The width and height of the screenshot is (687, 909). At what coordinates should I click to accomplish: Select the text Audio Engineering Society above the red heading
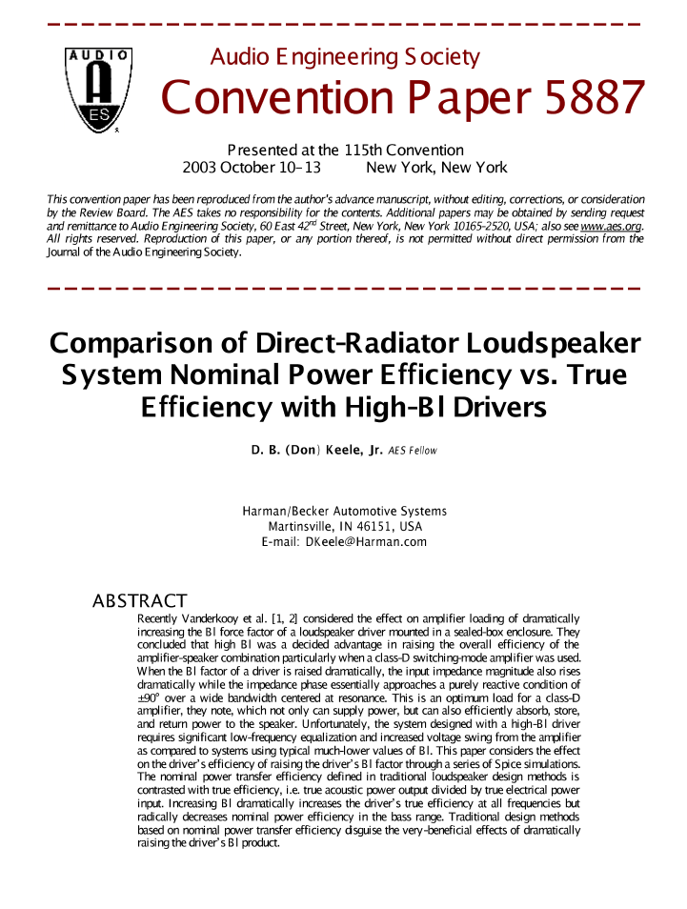(344, 57)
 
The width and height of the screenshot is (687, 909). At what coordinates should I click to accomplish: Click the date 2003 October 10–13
(252, 168)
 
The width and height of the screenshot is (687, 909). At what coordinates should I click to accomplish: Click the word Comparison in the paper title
(140, 344)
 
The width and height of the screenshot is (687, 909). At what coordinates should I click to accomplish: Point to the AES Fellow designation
(413, 452)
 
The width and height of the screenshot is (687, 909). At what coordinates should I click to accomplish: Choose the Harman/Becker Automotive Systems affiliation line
(344, 512)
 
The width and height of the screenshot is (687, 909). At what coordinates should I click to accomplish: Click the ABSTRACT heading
(139, 601)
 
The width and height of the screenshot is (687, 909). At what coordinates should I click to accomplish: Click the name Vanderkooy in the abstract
(211, 619)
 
